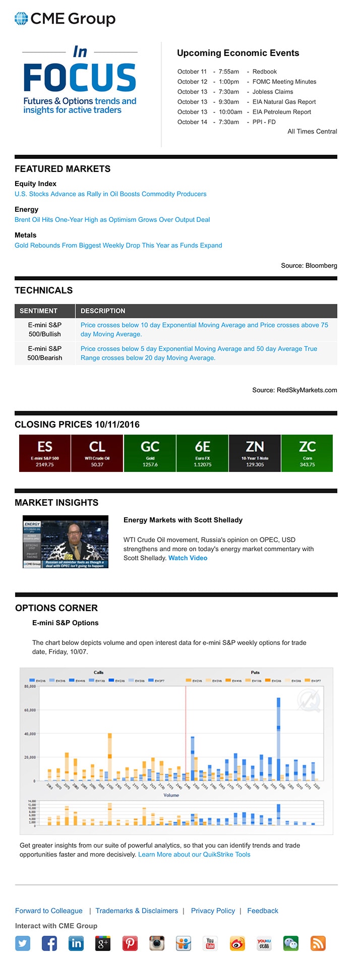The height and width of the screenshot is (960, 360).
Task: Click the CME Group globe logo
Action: [x=21, y=19]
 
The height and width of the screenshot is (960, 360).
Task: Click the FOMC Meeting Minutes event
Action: [x=284, y=82]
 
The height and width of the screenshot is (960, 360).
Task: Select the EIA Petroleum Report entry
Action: [x=281, y=112]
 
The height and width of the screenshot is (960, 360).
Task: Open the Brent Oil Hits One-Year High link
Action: [x=112, y=219]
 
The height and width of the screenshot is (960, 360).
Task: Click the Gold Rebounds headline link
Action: [x=118, y=245]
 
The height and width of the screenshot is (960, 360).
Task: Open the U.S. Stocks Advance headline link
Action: [x=110, y=194]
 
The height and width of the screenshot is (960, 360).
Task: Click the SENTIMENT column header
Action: [x=39, y=311]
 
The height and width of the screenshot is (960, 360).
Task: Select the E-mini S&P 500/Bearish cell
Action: [x=45, y=353]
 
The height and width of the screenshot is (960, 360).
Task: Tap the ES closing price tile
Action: [x=45, y=453]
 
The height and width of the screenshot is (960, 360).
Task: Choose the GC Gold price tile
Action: [x=150, y=453]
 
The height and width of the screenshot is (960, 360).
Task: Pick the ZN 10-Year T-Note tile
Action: [x=255, y=453]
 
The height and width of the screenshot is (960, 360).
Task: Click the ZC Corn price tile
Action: [x=307, y=453]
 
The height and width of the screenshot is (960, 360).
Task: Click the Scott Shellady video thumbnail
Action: [x=66, y=542]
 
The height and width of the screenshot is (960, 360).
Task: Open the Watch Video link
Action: [x=188, y=558]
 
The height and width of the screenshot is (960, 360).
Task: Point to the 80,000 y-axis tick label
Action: [x=30, y=686]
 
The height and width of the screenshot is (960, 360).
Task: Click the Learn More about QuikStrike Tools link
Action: [x=194, y=854]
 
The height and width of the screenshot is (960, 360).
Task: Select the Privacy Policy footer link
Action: [x=213, y=910]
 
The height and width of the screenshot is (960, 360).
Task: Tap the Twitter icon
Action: [x=23, y=943]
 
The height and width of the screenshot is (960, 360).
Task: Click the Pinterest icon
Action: [x=130, y=943]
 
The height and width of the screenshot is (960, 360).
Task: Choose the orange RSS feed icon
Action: [x=318, y=943]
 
